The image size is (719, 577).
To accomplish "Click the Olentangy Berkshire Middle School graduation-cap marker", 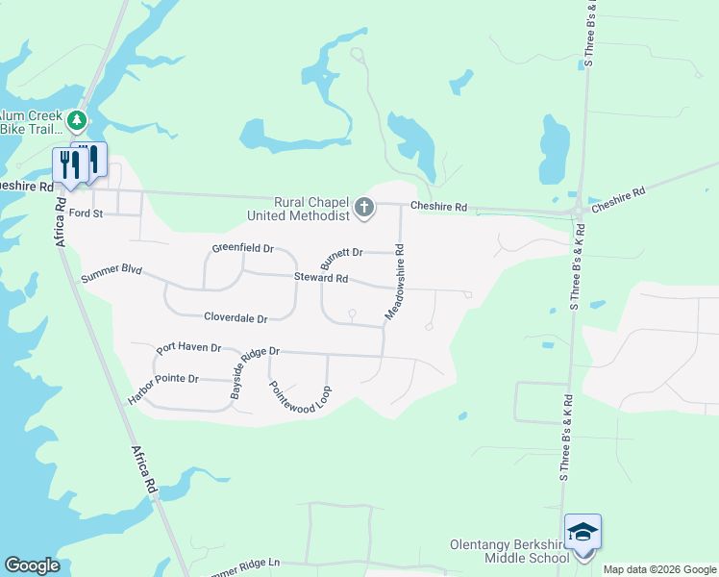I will [x=583, y=532].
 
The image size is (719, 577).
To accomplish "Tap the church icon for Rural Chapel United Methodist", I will [x=364, y=207].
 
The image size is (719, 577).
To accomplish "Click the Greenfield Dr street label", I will [x=243, y=249].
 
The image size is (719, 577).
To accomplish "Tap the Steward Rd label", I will [x=321, y=278].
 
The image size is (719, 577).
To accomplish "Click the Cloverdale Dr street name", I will [x=236, y=316].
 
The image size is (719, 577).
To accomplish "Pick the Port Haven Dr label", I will [x=189, y=348].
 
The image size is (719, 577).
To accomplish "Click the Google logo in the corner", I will [x=32, y=565].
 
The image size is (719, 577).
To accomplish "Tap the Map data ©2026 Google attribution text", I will [x=660, y=569].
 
